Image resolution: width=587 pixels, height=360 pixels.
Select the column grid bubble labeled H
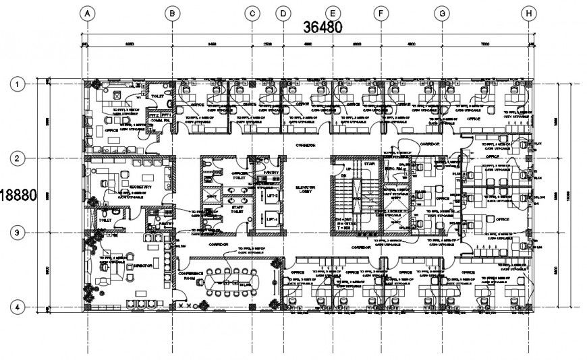coord(530,13)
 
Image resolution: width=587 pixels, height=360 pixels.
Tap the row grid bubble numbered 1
coord(17,84)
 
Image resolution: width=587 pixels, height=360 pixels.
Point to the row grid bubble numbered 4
coord(17,307)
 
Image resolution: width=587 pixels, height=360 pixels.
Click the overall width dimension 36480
coord(323,28)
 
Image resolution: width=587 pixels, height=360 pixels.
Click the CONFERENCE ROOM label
coord(193,275)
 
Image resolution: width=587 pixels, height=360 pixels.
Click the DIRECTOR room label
coord(142,266)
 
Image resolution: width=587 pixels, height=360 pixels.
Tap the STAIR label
coord(368,162)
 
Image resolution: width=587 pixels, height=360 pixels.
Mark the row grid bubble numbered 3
coord(17,233)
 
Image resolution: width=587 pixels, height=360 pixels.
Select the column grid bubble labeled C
coord(252,13)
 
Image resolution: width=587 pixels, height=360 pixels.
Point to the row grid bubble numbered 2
coord(17,158)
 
